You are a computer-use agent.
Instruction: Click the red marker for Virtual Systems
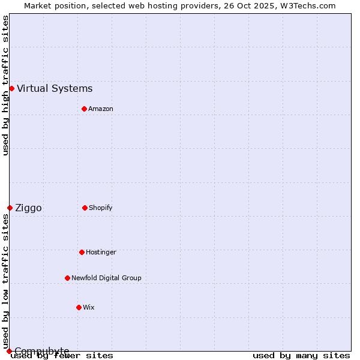click(x=11, y=88)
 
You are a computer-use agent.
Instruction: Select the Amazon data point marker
click(x=84, y=109)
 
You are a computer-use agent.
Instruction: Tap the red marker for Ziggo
click(x=10, y=208)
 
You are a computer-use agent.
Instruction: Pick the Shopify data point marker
click(x=85, y=208)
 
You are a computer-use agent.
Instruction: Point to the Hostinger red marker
click(x=82, y=252)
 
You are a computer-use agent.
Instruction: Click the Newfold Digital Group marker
click(x=67, y=278)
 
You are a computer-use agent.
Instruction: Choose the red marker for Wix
click(x=79, y=307)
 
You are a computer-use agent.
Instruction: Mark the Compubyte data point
click(x=9, y=351)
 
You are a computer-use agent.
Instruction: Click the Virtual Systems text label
click(x=55, y=89)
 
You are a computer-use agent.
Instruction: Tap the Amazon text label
click(x=101, y=109)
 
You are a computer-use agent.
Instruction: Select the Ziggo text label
click(x=29, y=208)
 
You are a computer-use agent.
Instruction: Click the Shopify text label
click(x=101, y=208)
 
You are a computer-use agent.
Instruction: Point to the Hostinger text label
click(x=101, y=252)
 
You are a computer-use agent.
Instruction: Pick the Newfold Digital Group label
click(x=106, y=278)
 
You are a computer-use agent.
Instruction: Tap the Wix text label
click(x=89, y=307)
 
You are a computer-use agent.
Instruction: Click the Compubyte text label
click(x=41, y=350)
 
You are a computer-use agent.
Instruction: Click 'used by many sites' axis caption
click(x=301, y=356)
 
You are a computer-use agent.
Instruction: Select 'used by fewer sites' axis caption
click(x=62, y=356)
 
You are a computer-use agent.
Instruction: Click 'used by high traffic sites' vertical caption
click(x=5, y=85)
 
